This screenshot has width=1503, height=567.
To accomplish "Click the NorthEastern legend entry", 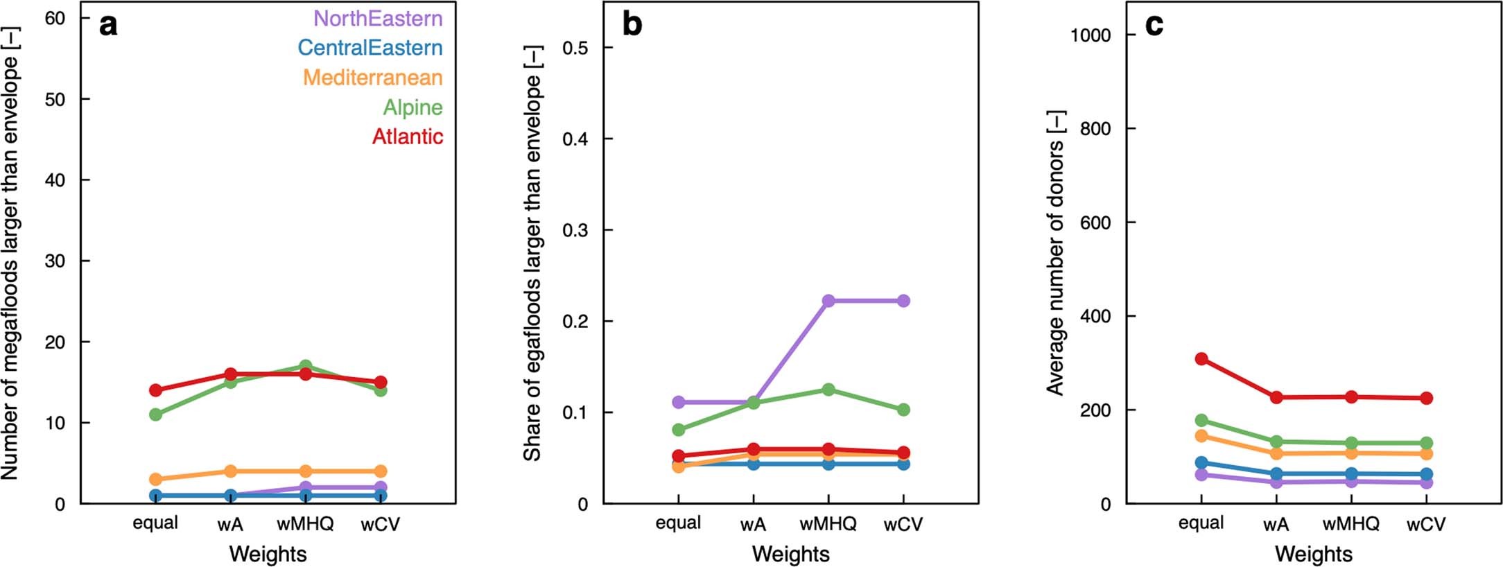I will click(378, 18).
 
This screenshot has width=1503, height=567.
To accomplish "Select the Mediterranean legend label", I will click(372, 78).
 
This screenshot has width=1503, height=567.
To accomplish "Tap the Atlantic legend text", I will click(407, 137).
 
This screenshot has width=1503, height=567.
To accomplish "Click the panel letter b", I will click(632, 25).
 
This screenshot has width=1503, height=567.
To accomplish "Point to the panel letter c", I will click(1154, 25).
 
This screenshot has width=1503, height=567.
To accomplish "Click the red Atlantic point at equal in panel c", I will click(1201, 359).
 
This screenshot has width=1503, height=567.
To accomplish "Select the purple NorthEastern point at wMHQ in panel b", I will click(828, 301).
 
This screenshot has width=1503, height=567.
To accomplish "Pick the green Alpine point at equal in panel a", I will click(155, 415).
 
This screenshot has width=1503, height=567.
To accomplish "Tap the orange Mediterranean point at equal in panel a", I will click(155, 479).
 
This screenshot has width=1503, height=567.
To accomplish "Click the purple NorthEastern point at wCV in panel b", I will click(903, 301).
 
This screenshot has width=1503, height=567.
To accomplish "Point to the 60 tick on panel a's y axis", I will click(55, 19).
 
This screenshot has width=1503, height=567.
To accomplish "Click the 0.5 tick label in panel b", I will click(575, 48).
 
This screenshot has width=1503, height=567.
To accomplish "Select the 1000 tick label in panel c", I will click(1090, 35).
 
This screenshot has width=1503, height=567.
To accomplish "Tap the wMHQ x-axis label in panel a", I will click(305, 524).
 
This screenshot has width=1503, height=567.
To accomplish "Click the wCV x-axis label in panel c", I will click(1426, 524).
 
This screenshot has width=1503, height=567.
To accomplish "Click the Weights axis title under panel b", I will click(790, 554).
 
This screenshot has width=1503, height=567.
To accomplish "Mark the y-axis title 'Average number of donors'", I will click(1055, 253).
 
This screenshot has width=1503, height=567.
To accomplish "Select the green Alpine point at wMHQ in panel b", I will click(828, 390).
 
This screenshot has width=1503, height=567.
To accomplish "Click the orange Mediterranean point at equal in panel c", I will click(1201, 436).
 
